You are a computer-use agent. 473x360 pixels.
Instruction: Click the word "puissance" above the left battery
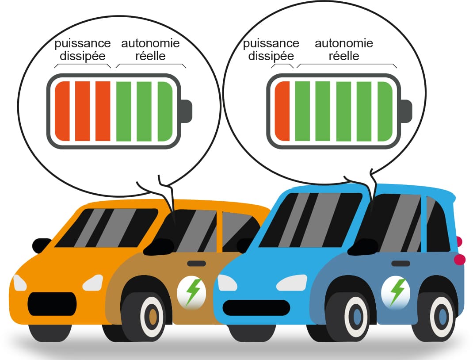tap(82, 44)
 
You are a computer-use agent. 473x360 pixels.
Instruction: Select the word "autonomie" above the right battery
tap(343, 44)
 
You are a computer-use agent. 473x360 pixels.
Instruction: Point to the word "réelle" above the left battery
tap(150, 57)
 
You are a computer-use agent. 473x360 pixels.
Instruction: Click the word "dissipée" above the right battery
tap(271, 57)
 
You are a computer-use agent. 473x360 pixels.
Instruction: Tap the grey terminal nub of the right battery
tap(406, 111)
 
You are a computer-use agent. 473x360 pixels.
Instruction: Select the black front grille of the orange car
tap(52, 303)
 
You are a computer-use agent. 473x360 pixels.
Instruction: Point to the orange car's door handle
tap(196, 264)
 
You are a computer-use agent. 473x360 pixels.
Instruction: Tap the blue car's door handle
tap(401, 264)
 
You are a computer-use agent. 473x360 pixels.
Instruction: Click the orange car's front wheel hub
tap(153, 317)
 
